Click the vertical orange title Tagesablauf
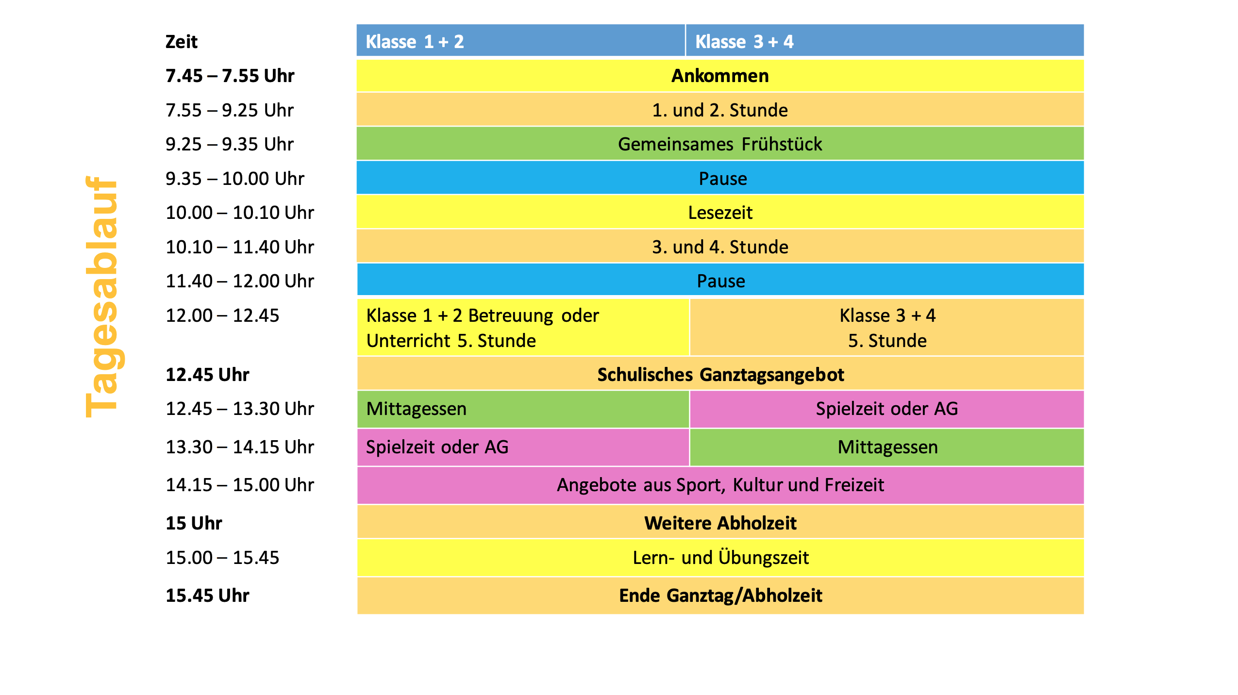click(102, 297)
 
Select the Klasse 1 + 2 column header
click(520, 41)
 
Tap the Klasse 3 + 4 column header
click(885, 41)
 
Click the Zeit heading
click(182, 42)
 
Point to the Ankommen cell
click(720, 76)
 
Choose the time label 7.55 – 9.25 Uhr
click(230, 110)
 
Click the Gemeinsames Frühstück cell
click(720, 144)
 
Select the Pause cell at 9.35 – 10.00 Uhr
click(720, 178)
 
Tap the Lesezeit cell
click(720, 212)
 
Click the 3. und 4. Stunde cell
click(720, 247)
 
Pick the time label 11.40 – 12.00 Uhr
click(240, 281)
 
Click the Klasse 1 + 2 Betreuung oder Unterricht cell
click(523, 328)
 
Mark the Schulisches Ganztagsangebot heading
click(720, 374)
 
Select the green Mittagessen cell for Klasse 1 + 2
click(523, 409)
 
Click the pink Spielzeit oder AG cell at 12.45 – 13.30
click(887, 409)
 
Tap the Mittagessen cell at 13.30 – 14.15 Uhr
click(887, 447)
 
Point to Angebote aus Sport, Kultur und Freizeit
click(720, 485)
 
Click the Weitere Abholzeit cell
click(720, 523)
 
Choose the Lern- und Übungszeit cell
click(720, 558)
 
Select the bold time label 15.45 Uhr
click(207, 596)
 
